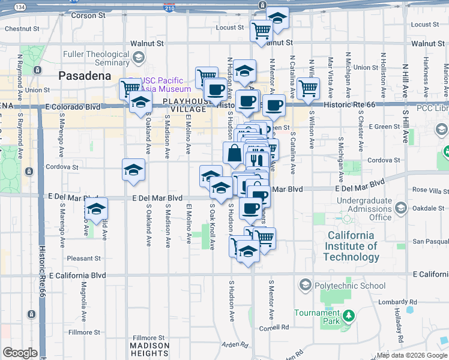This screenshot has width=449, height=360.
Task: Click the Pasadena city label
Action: coord(85,76)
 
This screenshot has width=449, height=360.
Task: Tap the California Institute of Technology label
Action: coord(352,246)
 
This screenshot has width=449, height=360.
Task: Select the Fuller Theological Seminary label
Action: coord(96,58)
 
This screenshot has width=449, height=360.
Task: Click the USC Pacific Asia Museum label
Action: coord(166,85)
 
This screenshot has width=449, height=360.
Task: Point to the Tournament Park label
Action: coord(317,317)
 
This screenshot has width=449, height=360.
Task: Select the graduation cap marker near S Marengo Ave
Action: coord(95,209)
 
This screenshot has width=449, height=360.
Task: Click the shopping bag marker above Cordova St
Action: coord(234,154)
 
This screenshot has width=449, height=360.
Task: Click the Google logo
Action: coord(20,353)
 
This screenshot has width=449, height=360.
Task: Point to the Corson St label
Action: coord(84,16)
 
